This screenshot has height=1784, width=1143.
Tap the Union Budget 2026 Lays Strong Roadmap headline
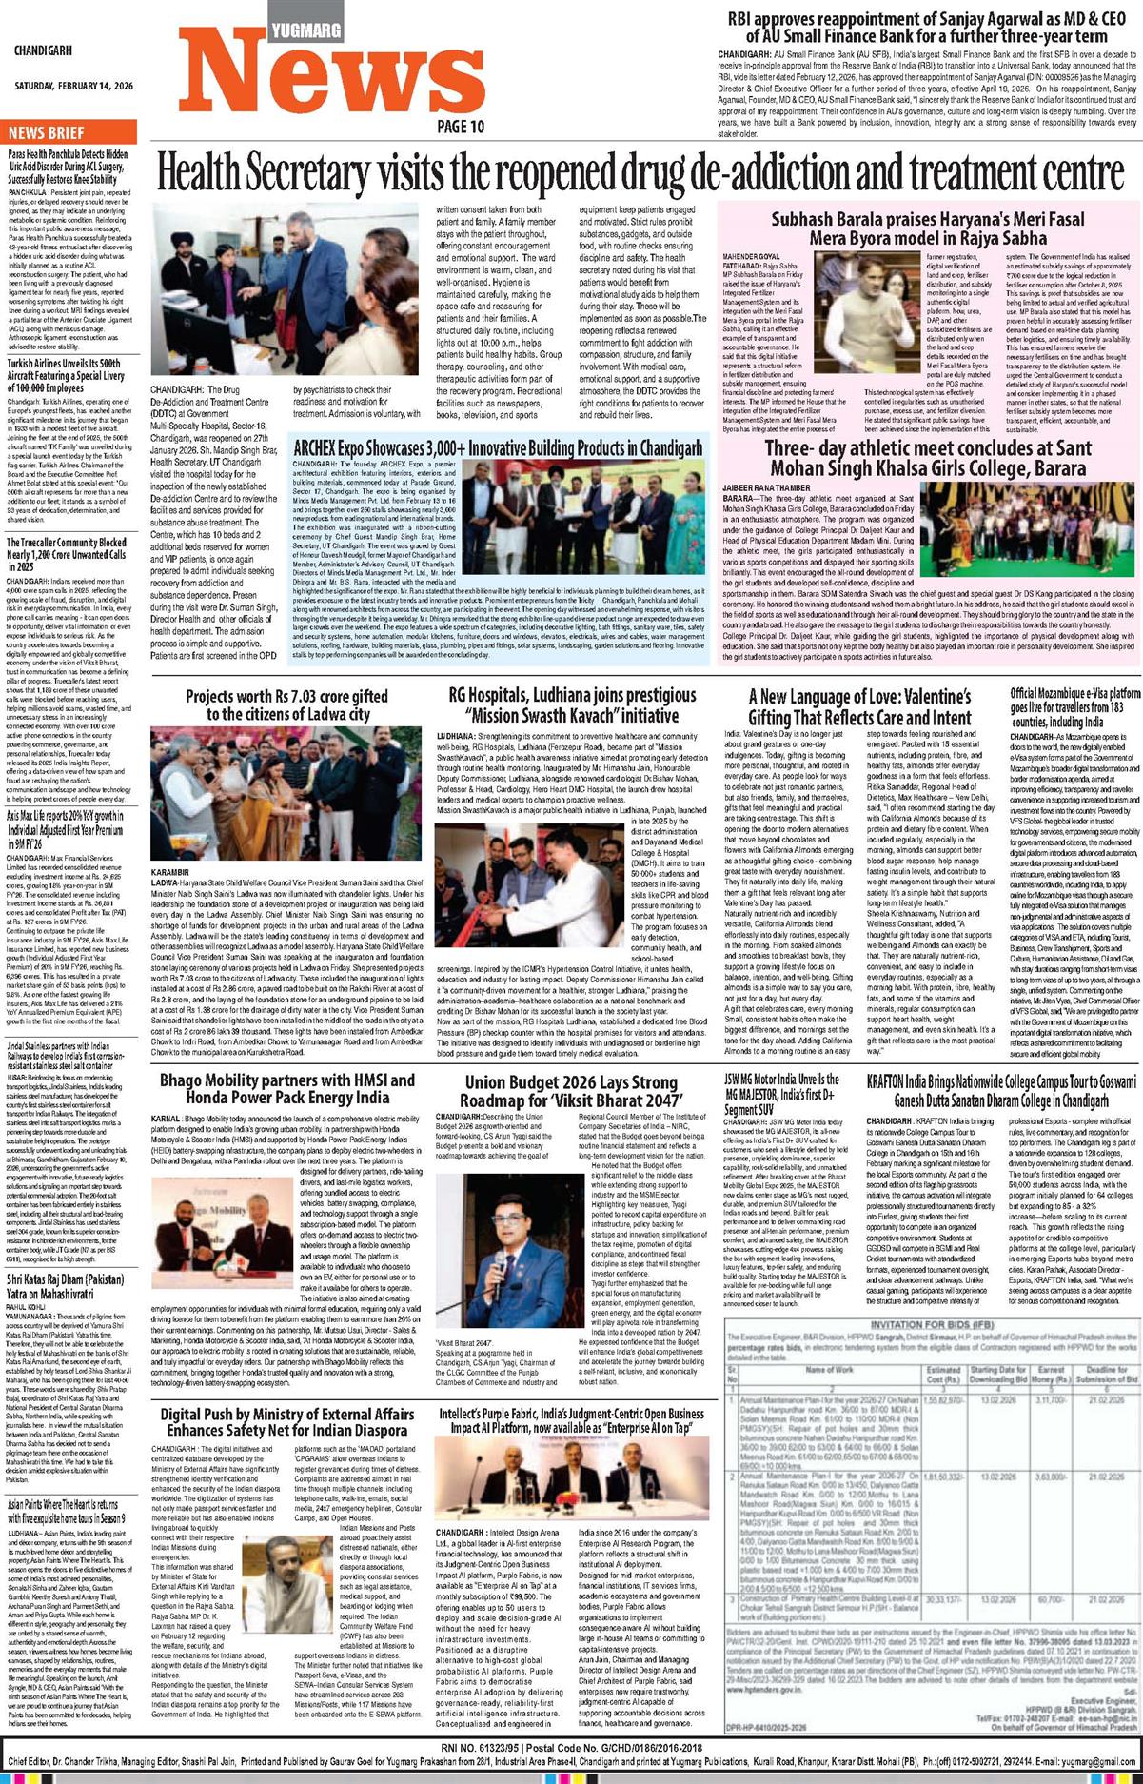[x=570, y=1091]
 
